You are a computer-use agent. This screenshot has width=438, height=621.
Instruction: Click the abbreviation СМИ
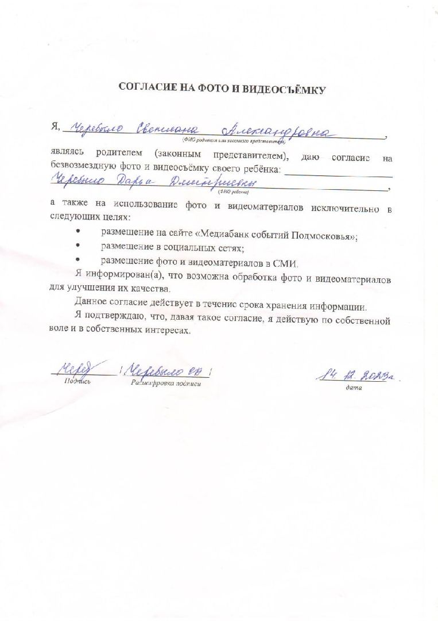pos(286,264)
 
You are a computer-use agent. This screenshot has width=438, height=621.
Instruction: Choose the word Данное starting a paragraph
pos(91,303)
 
